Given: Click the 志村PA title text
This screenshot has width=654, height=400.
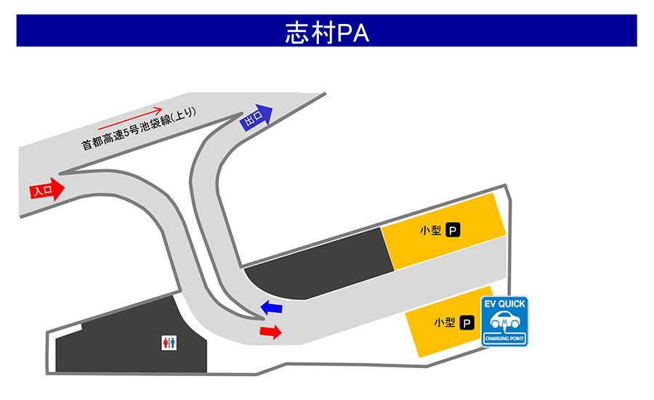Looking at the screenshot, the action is pos(327,33).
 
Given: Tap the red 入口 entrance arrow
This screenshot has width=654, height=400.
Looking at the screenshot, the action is pos(47,190).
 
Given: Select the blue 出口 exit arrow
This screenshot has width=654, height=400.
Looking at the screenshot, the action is pos(256,118).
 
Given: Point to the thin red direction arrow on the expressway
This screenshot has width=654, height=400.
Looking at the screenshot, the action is pos(130,118).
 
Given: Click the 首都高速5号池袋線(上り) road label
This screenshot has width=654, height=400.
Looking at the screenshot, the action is pos(139,128).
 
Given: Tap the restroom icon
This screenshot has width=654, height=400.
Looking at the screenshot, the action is pos(169,343).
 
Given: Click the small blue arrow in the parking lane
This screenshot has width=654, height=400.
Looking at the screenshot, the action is pos(272,308).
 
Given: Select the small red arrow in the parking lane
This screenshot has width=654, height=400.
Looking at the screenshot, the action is pos(271,332).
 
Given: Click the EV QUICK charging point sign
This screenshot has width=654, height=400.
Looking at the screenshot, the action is pos(504,322).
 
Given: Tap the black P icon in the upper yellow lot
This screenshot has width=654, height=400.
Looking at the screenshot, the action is pos(453,230).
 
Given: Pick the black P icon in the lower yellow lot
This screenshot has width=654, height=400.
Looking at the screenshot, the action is pos(467,323).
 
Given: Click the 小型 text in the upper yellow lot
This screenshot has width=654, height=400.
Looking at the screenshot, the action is pos(430,230).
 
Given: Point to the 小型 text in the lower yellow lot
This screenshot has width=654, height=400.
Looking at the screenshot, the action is pos(445,322).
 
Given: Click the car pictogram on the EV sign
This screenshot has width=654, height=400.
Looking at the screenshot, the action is pos(505,320).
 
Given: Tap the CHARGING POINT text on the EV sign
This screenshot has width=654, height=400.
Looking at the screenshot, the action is pos(504,338).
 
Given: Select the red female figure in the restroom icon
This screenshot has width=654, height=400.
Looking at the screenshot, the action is pos(166,343).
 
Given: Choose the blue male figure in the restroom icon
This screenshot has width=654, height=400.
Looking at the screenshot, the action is pos(172,343).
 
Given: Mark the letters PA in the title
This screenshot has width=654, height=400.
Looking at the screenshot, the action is pos(353,33).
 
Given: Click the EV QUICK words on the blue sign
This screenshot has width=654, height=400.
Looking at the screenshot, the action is pos(504,304).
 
